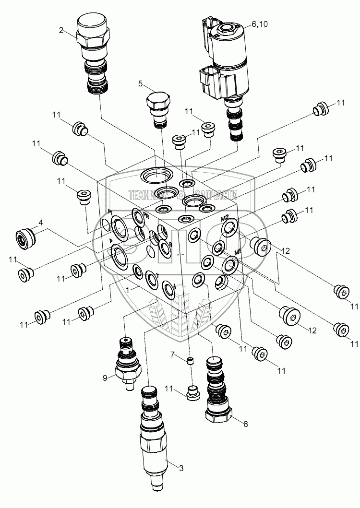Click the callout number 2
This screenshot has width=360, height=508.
[x=61, y=31]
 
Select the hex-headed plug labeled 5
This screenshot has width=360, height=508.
[x=158, y=108]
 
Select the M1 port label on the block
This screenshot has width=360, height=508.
[x=237, y=252]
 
